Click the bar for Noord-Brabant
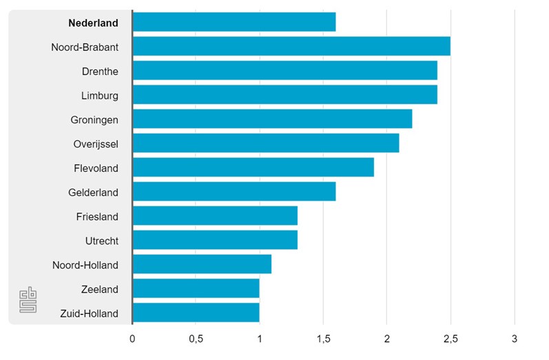click(x=291, y=47)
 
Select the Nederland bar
click(x=234, y=22)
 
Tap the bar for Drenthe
click(x=284, y=71)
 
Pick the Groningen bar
click(x=272, y=119)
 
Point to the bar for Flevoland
click(x=253, y=167)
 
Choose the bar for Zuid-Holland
click(x=196, y=313)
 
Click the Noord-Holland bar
click(x=202, y=264)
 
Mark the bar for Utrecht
click(x=215, y=240)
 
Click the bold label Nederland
click(x=93, y=23)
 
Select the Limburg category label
click(x=99, y=95)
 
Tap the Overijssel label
click(x=96, y=144)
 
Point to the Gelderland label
click(x=93, y=192)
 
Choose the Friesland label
click(x=97, y=216)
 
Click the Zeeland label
click(x=99, y=289)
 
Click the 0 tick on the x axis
click(x=132, y=339)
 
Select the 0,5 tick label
click(x=196, y=339)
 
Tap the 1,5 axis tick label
click(x=323, y=339)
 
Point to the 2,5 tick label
click(x=450, y=339)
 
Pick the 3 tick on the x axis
click(x=514, y=339)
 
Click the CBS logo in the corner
click(x=28, y=300)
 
